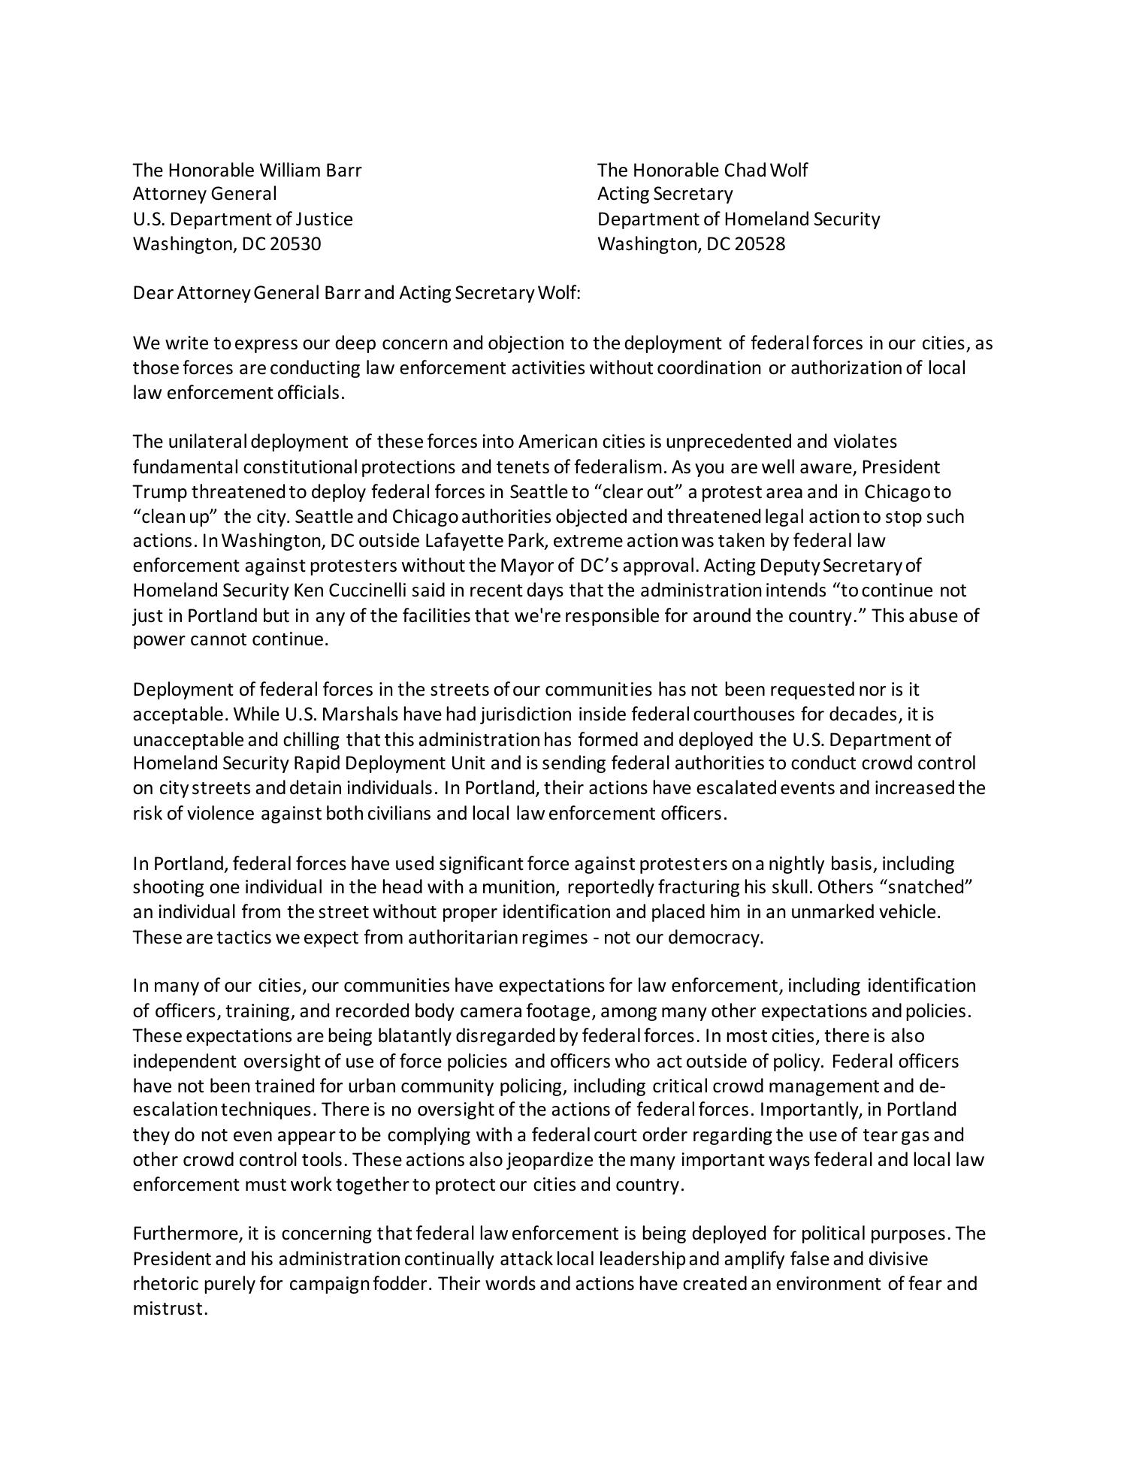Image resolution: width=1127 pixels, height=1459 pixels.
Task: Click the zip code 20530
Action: (x=294, y=244)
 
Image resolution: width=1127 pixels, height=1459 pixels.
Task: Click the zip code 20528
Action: (x=758, y=244)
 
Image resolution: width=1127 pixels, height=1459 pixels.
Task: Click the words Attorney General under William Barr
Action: (x=204, y=194)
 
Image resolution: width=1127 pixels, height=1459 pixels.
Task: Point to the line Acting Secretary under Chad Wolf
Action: (x=664, y=194)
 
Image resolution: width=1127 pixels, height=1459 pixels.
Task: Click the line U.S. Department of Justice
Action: (x=243, y=219)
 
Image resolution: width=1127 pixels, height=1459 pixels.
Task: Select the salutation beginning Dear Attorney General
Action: (x=357, y=293)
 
